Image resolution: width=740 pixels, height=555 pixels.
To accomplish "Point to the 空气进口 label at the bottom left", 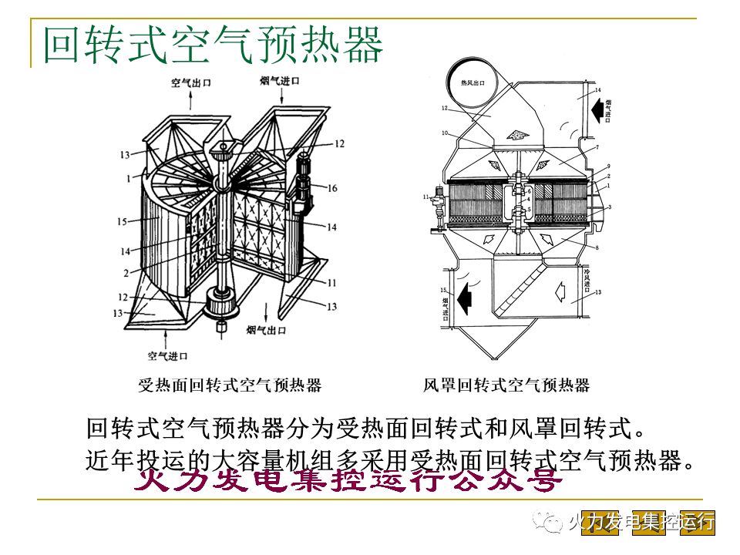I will click(167, 356).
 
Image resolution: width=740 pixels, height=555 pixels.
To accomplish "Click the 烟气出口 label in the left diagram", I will click(266, 331).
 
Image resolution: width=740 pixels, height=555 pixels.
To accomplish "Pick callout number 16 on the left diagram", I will click(331, 188).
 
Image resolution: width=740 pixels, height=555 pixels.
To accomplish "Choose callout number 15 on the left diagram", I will click(121, 222).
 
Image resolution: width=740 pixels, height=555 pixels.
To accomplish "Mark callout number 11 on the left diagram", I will click(331, 283).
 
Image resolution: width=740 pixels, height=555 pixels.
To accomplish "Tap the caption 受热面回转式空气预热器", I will click(230, 385).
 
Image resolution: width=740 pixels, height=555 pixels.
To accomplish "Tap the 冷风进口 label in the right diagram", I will click(587, 279).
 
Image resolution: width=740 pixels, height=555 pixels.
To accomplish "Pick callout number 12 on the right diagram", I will click(445, 109).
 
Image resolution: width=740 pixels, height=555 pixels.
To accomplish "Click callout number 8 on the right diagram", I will click(596, 247).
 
